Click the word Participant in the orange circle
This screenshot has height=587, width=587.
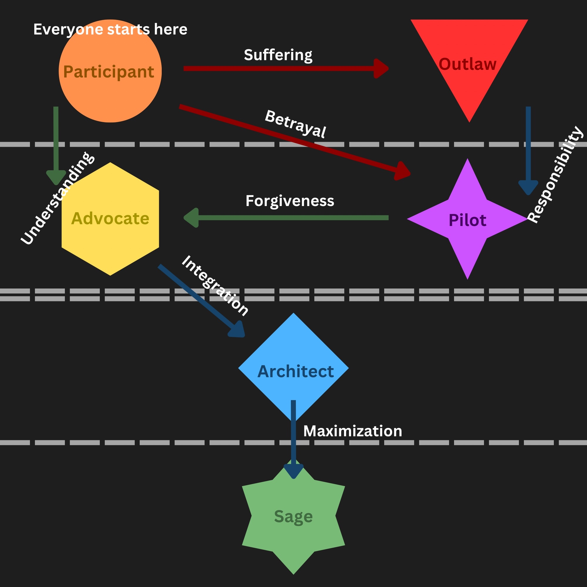coord(109,72)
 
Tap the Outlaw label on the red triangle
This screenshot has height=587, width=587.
coord(467,64)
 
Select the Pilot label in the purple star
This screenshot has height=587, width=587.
coord(467,220)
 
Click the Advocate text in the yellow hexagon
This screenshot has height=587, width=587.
coord(110,218)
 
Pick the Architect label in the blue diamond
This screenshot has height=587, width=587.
coord(295,371)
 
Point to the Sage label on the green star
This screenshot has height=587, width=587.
coord(293,516)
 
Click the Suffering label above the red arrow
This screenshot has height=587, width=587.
coord(278,55)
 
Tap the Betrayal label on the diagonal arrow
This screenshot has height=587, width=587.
coord(295,124)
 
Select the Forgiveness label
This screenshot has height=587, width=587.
coord(290,201)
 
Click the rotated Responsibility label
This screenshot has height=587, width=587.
coord(555,175)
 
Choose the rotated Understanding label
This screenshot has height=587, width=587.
coord(58,198)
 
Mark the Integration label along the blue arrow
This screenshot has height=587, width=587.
coord(215,286)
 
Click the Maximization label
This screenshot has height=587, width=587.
coord(352,431)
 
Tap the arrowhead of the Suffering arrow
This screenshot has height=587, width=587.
coord(381,69)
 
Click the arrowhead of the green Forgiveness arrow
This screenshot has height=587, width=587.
coord(191,217)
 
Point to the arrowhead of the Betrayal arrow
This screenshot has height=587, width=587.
coord(403,172)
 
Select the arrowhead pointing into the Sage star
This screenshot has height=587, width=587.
coord(293,471)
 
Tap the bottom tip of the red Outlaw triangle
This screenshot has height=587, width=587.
coord(469,120)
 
